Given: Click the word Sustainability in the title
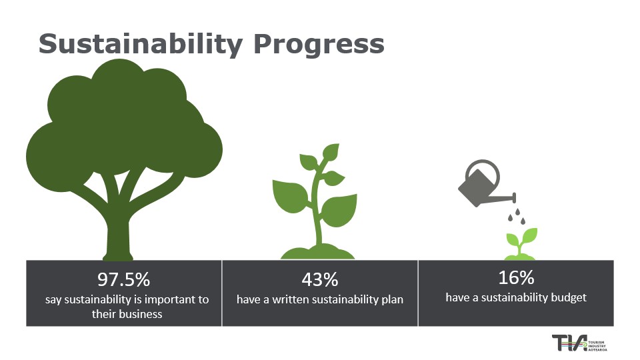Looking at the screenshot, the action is click(141, 44).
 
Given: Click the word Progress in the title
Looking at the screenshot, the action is click(319, 45).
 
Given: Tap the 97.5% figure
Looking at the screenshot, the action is click(124, 279).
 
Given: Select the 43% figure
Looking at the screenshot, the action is click(320, 279).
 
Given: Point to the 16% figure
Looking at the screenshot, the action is click(516, 277).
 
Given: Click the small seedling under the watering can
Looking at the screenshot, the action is click(521, 244).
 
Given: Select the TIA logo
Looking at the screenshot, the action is click(579, 343).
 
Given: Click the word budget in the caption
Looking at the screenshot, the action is click(569, 297).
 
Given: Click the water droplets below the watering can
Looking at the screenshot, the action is click(516, 216).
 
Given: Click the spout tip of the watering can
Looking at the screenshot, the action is click(515, 197).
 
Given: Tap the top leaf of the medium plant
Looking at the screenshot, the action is click(331, 151).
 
